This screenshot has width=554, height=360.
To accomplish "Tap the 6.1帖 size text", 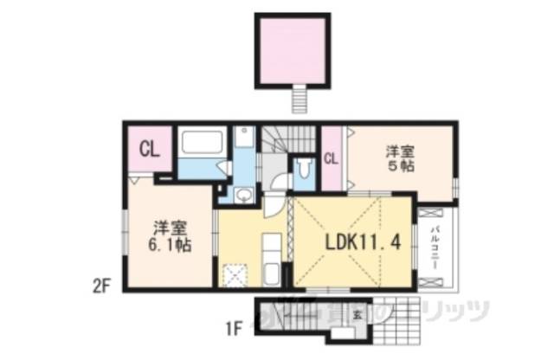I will point(169,245).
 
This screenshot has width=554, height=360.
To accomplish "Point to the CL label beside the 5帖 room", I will point(331,157).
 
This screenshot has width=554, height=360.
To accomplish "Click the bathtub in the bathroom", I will point(203,143).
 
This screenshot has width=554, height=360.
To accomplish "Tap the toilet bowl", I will point(304,168).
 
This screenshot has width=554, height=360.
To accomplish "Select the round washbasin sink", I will point(245,196).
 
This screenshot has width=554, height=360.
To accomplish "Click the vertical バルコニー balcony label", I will point(435,247).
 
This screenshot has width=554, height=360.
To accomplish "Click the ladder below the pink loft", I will point(300,99).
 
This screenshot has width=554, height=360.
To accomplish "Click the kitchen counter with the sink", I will point(270,260).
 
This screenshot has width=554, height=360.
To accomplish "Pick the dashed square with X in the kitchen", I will point(234,275).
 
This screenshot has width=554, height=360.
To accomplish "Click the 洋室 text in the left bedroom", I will point(170,228).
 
